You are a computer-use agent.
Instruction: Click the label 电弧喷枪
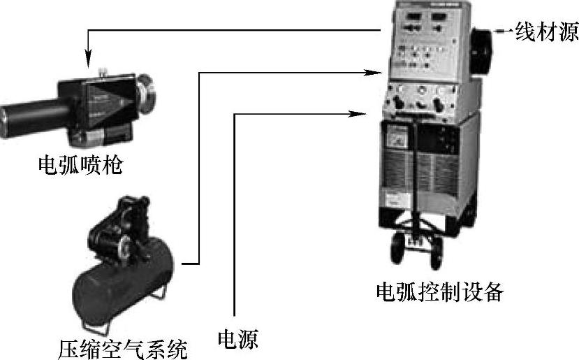click(80, 165)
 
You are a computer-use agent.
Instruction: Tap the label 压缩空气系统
click(123, 349)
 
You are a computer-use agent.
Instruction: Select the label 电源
click(237, 339)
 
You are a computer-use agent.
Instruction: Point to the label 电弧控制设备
click(440, 292)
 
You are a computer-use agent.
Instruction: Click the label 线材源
click(546, 31)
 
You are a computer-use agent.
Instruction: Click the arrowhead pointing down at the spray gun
click(88, 59)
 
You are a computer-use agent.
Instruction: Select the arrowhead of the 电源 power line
click(357, 114)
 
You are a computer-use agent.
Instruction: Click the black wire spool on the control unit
click(481, 52)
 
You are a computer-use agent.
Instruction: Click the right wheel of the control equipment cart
click(436, 254)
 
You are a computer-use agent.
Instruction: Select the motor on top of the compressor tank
click(118, 229)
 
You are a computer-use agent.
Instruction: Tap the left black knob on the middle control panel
click(398, 101)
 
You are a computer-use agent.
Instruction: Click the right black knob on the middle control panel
click(438, 103)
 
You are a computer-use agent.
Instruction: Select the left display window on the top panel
click(413, 16)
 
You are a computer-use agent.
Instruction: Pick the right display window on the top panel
click(439, 17)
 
